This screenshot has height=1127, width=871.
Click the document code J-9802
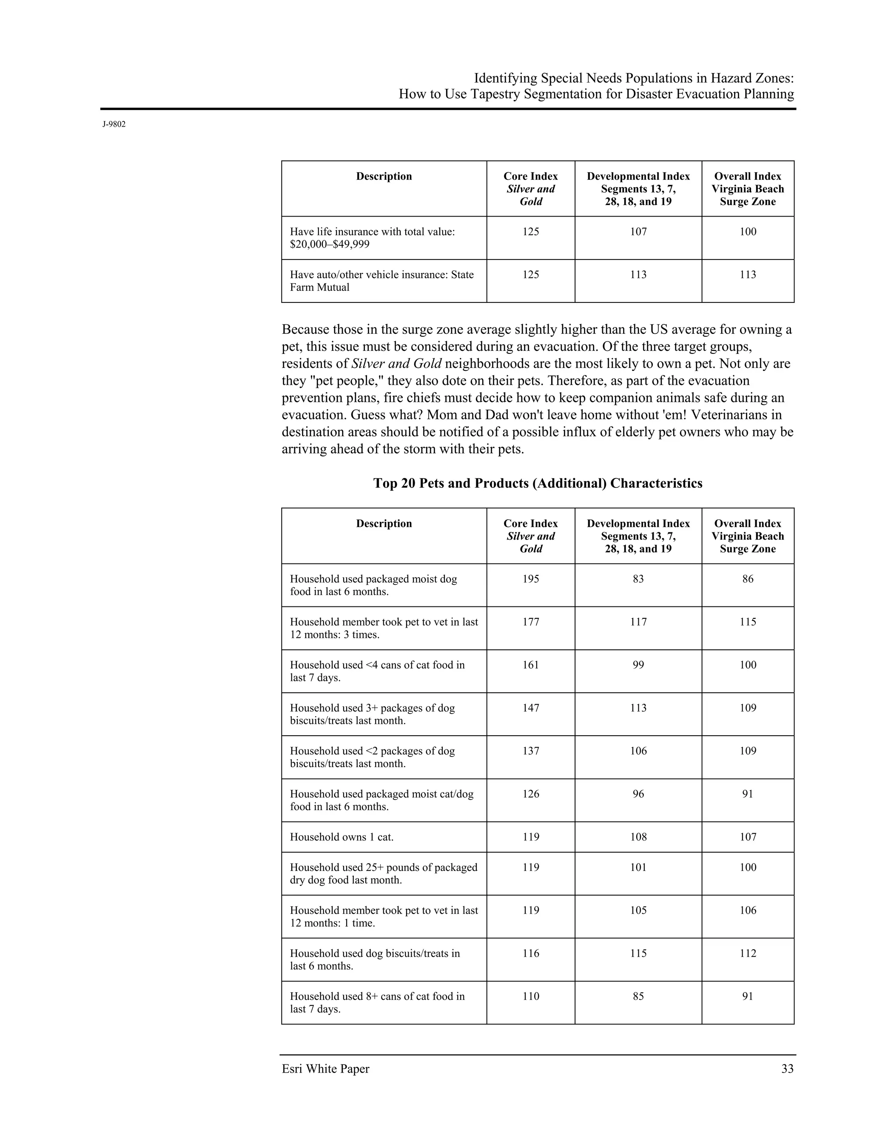tap(114, 124)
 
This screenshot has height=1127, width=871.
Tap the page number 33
tap(787, 1068)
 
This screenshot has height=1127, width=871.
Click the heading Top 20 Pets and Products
tap(537, 483)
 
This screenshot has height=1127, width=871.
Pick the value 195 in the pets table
tap(530, 579)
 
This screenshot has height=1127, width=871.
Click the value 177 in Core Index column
tap(530, 622)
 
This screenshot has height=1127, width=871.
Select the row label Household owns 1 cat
tap(342, 837)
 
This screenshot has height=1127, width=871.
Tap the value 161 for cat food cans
tap(530, 665)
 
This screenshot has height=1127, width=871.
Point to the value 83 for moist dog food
tap(638, 579)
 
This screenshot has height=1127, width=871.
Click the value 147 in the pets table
tap(530, 708)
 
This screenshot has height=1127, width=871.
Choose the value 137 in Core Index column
tap(530, 751)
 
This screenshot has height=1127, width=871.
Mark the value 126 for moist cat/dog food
tap(530, 794)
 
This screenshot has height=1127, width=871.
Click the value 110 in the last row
tap(530, 996)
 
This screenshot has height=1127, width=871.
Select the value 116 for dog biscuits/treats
tap(530, 953)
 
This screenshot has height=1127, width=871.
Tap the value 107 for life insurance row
tap(638, 232)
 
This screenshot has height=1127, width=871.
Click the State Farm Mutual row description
tap(381, 281)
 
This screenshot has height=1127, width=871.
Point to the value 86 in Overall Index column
tap(748, 579)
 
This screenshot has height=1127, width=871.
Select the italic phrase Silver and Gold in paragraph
tap(396, 364)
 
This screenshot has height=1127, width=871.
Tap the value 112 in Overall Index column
tap(748, 953)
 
